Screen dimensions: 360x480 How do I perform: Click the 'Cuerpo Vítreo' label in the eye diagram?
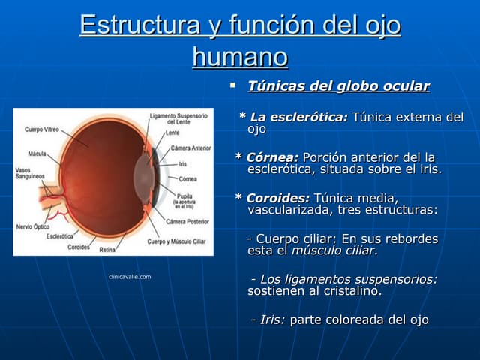[42, 130]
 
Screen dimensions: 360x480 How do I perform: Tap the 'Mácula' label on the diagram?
[37, 154]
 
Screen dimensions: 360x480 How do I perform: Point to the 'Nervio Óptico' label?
[33, 226]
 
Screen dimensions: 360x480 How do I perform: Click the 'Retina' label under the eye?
[107, 249]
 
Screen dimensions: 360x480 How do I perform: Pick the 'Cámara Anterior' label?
[190, 148]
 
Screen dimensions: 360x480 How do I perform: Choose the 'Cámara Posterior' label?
[187, 221]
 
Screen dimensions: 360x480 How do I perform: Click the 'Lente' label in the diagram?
[172, 133]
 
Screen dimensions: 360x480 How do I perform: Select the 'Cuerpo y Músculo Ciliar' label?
[177, 241]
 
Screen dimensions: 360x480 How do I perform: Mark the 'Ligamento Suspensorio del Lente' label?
[178, 119]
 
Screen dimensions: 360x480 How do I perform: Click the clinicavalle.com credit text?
[130, 277]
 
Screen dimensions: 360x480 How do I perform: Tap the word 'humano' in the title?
[240, 56]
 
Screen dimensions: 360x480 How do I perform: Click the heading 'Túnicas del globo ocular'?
[338, 86]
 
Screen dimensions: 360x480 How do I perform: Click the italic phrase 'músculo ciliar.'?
[334, 250]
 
